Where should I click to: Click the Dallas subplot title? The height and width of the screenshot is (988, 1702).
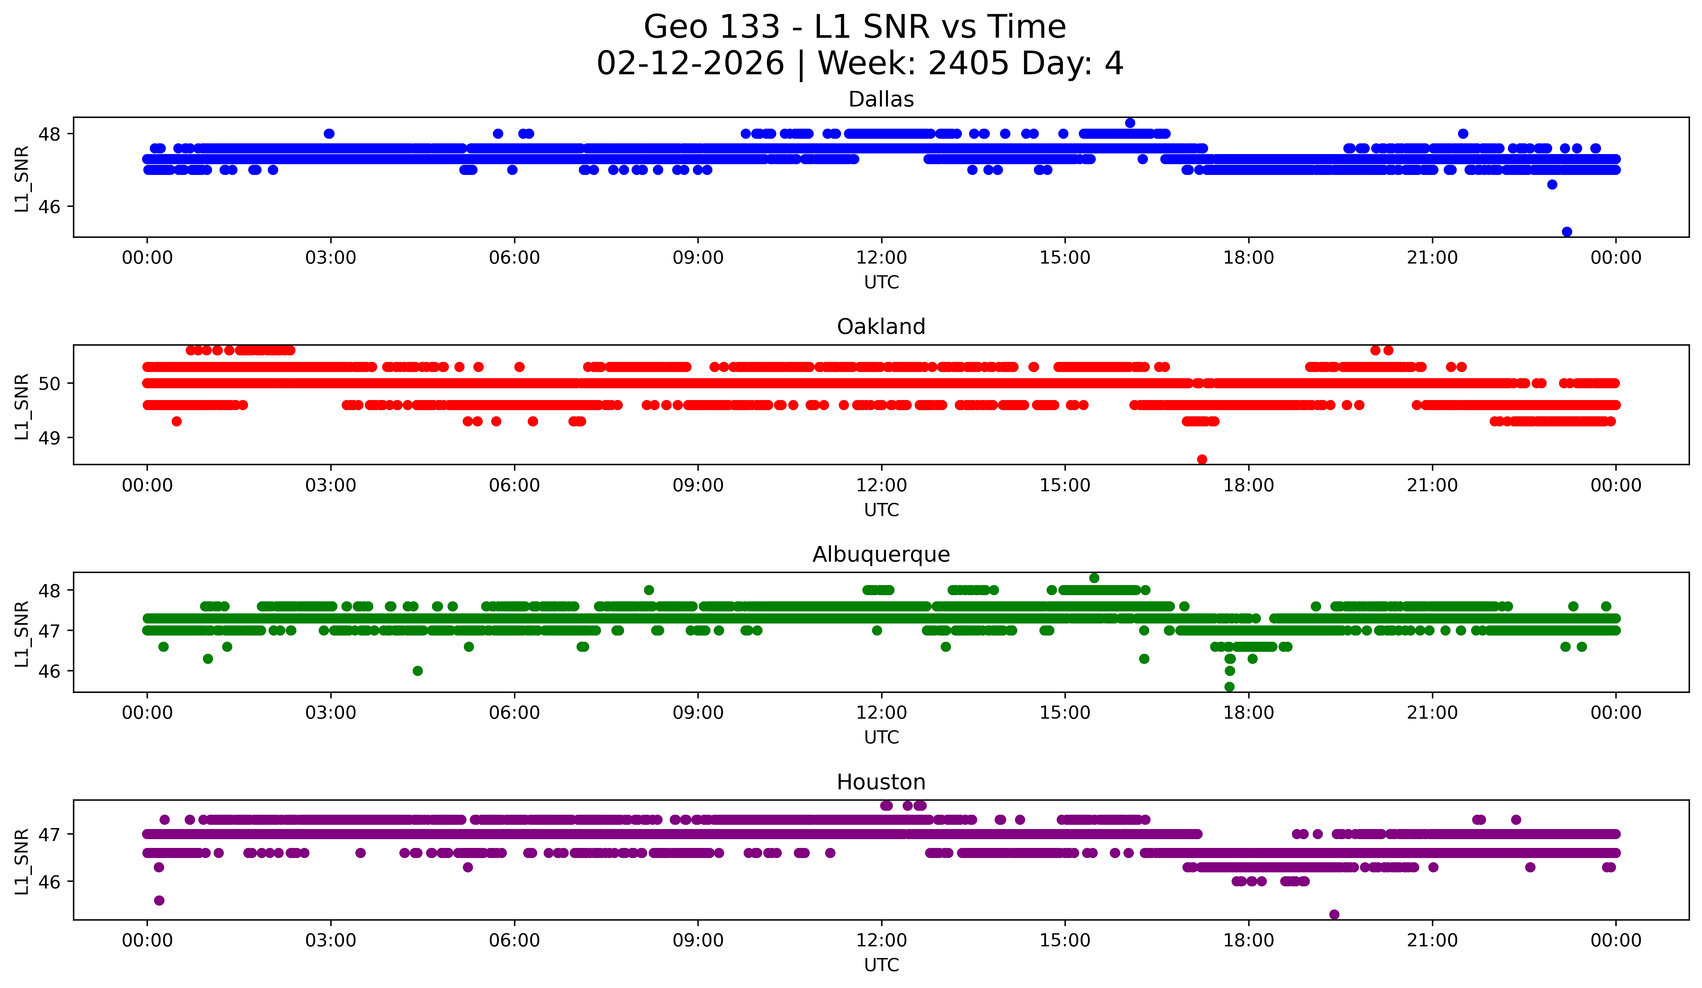click(x=881, y=99)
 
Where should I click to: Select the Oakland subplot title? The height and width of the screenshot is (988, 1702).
click(x=881, y=327)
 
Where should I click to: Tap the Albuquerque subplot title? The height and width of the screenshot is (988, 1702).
click(x=881, y=554)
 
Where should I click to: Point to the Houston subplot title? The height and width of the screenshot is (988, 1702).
click(x=881, y=782)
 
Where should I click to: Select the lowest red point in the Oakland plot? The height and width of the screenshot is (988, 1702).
click(x=1202, y=459)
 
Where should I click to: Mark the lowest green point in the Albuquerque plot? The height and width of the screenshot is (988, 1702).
click(x=1229, y=687)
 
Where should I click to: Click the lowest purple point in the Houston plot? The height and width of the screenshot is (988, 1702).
click(x=1334, y=914)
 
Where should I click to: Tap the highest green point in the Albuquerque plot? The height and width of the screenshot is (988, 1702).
click(x=1094, y=578)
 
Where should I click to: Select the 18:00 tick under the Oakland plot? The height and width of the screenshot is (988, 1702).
click(x=1248, y=485)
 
